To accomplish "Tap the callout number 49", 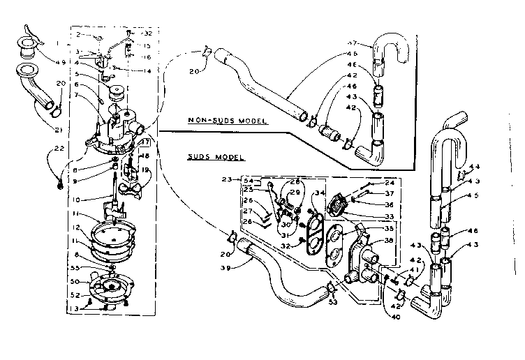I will (64, 62).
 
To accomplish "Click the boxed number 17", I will (146, 143).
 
